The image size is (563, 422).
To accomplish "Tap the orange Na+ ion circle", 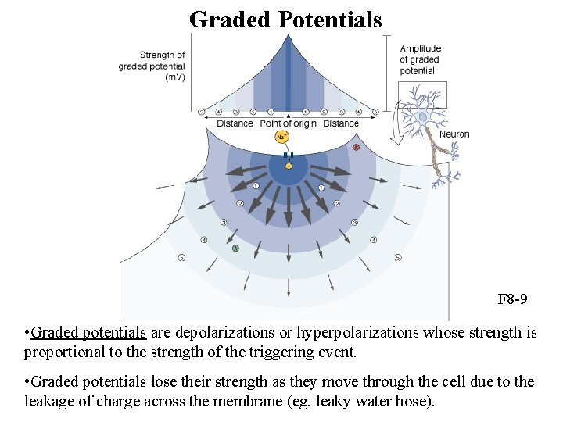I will point(281,138).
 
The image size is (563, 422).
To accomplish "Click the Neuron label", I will point(454,134).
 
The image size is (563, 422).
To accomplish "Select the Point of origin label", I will point(288,123).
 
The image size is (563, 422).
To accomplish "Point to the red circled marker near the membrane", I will point(357,147).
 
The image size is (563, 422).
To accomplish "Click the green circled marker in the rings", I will point(235,248).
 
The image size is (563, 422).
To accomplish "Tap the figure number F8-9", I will point(512,299).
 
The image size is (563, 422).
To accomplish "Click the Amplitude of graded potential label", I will point(421,59).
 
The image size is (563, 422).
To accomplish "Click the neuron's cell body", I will point(423,117).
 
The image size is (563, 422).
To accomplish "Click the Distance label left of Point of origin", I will point(235,123).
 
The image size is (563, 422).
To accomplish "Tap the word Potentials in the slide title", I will point(330,19).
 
